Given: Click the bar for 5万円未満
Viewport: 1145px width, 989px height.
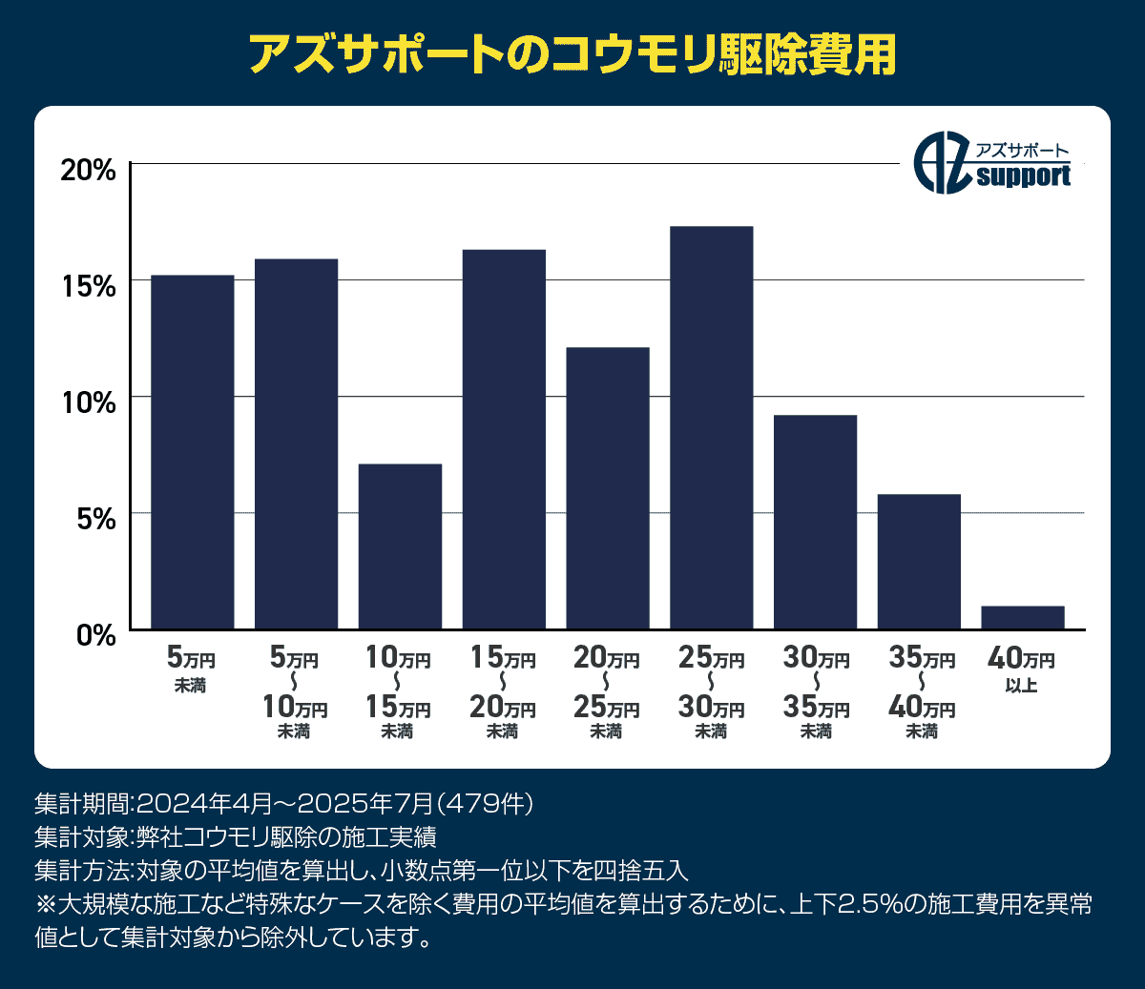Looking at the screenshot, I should point(192,452).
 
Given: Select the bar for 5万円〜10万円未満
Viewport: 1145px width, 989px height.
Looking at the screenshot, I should point(296,443).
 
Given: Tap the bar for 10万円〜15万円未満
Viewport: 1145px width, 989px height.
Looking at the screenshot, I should point(400,546).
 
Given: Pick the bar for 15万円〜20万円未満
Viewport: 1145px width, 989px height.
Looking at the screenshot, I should point(504,439).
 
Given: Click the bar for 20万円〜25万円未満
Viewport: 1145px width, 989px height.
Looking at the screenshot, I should point(608,488).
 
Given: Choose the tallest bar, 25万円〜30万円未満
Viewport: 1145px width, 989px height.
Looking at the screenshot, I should point(712,427).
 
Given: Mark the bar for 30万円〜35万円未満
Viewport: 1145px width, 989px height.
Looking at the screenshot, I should point(815,522).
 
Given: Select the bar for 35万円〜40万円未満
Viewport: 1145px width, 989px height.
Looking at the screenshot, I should point(919,562).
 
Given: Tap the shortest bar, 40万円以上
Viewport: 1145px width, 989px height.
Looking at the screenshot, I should point(1023,617).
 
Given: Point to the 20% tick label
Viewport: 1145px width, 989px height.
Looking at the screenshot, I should point(88,171).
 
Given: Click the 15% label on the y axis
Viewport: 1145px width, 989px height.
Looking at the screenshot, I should point(88,286).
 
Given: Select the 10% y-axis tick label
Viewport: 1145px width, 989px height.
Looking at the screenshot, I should point(88,402).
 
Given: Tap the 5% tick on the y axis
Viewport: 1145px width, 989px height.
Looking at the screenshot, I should point(95,519).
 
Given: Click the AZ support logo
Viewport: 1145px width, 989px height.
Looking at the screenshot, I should point(992,164).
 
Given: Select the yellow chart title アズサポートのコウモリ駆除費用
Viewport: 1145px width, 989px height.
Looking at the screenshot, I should point(572,54).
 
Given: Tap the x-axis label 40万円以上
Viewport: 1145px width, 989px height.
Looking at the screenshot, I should point(1022,670).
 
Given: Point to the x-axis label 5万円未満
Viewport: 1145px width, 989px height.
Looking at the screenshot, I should point(191,670).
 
